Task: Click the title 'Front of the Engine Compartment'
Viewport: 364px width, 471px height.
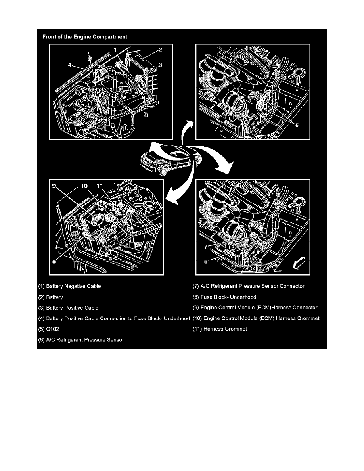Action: coord(85,37)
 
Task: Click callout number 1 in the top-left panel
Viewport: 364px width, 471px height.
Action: coord(115,50)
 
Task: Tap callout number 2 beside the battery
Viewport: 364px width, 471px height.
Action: coord(160,50)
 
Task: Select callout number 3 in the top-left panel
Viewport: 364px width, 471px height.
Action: coord(160,64)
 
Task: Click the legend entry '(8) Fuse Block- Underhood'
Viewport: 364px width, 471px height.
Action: coord(224,297)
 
